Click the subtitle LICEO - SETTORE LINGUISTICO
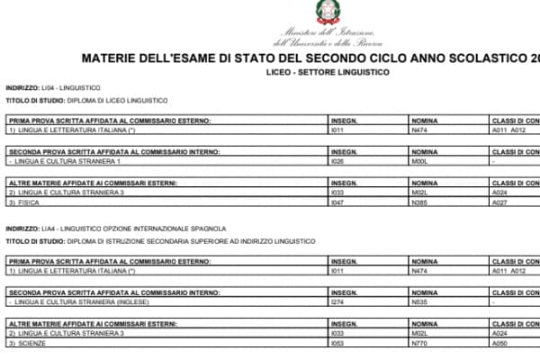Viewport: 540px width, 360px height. coord(321,72)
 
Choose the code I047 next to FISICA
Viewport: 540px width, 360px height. coord(339,203)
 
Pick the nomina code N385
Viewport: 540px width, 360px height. coord(419,203)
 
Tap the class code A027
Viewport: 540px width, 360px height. coord(500,203)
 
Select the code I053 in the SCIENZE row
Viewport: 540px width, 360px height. coord(339,343)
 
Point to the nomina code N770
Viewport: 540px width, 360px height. coord(419,343)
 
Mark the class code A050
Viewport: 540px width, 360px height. coord(500,343)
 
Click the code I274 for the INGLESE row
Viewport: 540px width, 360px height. coord(339,301)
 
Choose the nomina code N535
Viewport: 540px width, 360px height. coord(419,301)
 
